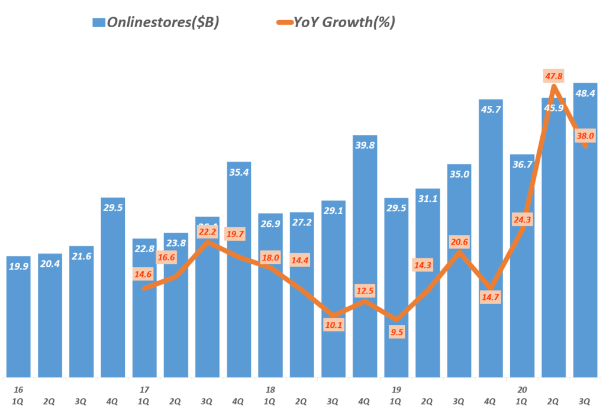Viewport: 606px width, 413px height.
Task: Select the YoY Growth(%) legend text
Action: (x=344, y=22)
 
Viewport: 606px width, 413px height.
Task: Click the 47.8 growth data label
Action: (x=553, y=75)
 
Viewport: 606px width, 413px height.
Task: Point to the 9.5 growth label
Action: (x=397, y=332)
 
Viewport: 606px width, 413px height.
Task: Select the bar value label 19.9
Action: (x=18, y=266)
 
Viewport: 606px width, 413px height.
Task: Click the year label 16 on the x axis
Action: (x=18, y=391)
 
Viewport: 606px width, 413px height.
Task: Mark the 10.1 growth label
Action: (x=334, y=324)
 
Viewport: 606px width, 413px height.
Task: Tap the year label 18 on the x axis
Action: (x=270, y=391)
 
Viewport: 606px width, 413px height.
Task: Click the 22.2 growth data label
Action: (x=207, y=231)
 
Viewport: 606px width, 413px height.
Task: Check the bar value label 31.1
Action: (x=427, y=199)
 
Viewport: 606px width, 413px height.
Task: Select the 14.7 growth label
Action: (x=491, y=296)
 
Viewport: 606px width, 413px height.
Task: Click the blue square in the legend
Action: (x=98, y=22)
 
